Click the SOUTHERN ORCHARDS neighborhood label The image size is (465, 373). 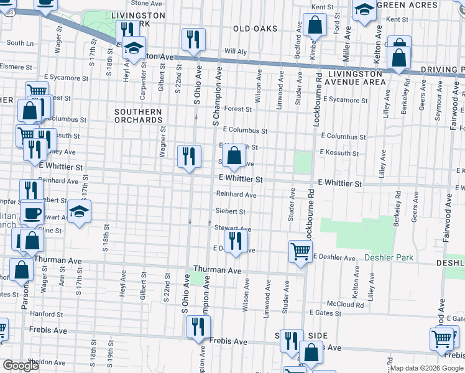138,116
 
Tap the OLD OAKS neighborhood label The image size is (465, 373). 254,29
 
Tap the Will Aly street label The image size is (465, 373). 236,51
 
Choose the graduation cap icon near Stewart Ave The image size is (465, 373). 79,212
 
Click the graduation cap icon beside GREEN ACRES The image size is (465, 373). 364,9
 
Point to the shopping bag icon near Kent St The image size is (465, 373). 316,25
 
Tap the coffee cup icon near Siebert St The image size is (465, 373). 31,213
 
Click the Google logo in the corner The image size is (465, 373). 21,366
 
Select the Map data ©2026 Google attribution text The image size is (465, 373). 426,368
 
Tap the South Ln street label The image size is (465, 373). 21,43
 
